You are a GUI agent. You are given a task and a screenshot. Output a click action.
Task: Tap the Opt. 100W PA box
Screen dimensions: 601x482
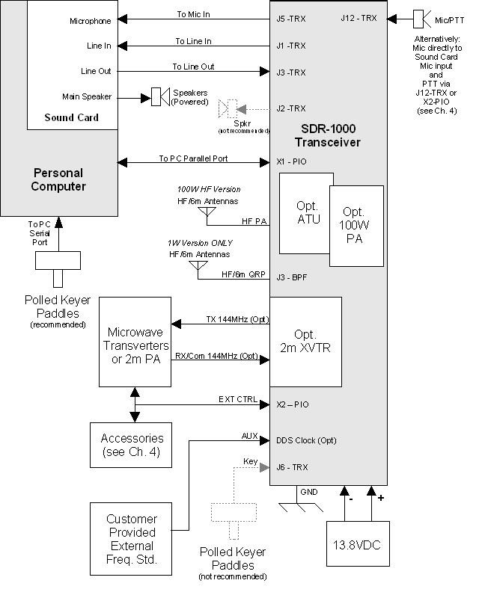pyautogui.click(x=355, y=225)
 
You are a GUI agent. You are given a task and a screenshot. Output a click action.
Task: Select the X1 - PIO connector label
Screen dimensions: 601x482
pyautogui.click(x=292, y=161)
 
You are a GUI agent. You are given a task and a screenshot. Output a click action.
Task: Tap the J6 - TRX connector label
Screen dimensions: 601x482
pyautogui.click(x=291, y=466)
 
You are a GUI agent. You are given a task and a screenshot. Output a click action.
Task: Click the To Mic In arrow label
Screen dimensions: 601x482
pyautogui.click(x=193, y=13)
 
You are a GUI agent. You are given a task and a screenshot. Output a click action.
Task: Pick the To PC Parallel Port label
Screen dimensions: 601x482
pyautogui.click(x=193, y=158)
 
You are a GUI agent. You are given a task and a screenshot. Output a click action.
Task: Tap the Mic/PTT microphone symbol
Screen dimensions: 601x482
pyautogui.click(x=422, y=17)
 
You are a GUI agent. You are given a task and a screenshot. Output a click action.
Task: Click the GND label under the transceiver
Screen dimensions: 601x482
pyautogui.click(x=308, y=493)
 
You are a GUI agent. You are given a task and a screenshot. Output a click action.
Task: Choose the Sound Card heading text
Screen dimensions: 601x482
pyautogui.click(x=71, y=117)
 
